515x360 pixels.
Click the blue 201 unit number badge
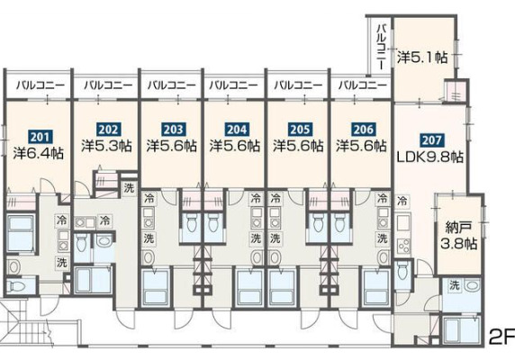(40, 137)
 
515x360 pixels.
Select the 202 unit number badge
(108, 130)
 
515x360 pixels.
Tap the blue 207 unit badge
(431, 140)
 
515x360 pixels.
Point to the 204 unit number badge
(237, 130)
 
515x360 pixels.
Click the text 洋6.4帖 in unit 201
(39, 153)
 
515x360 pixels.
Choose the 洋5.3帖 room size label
(107, 146)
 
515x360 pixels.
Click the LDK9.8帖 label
(430, 157)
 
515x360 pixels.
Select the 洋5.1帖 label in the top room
(422, 58)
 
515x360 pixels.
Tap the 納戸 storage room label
(459, 227)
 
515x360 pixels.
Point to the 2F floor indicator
(501, 336)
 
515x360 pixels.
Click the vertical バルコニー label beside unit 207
(382, 46)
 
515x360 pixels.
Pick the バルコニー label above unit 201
(41, 85)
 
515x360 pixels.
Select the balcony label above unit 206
(362, 85)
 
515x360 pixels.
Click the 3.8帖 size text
(458, 244)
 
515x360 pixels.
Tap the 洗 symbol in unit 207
(454, 285)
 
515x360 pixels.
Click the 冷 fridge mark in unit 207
(402, 201)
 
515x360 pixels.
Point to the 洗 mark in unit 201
(62, 263)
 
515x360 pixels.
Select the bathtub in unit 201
(21, 233)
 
